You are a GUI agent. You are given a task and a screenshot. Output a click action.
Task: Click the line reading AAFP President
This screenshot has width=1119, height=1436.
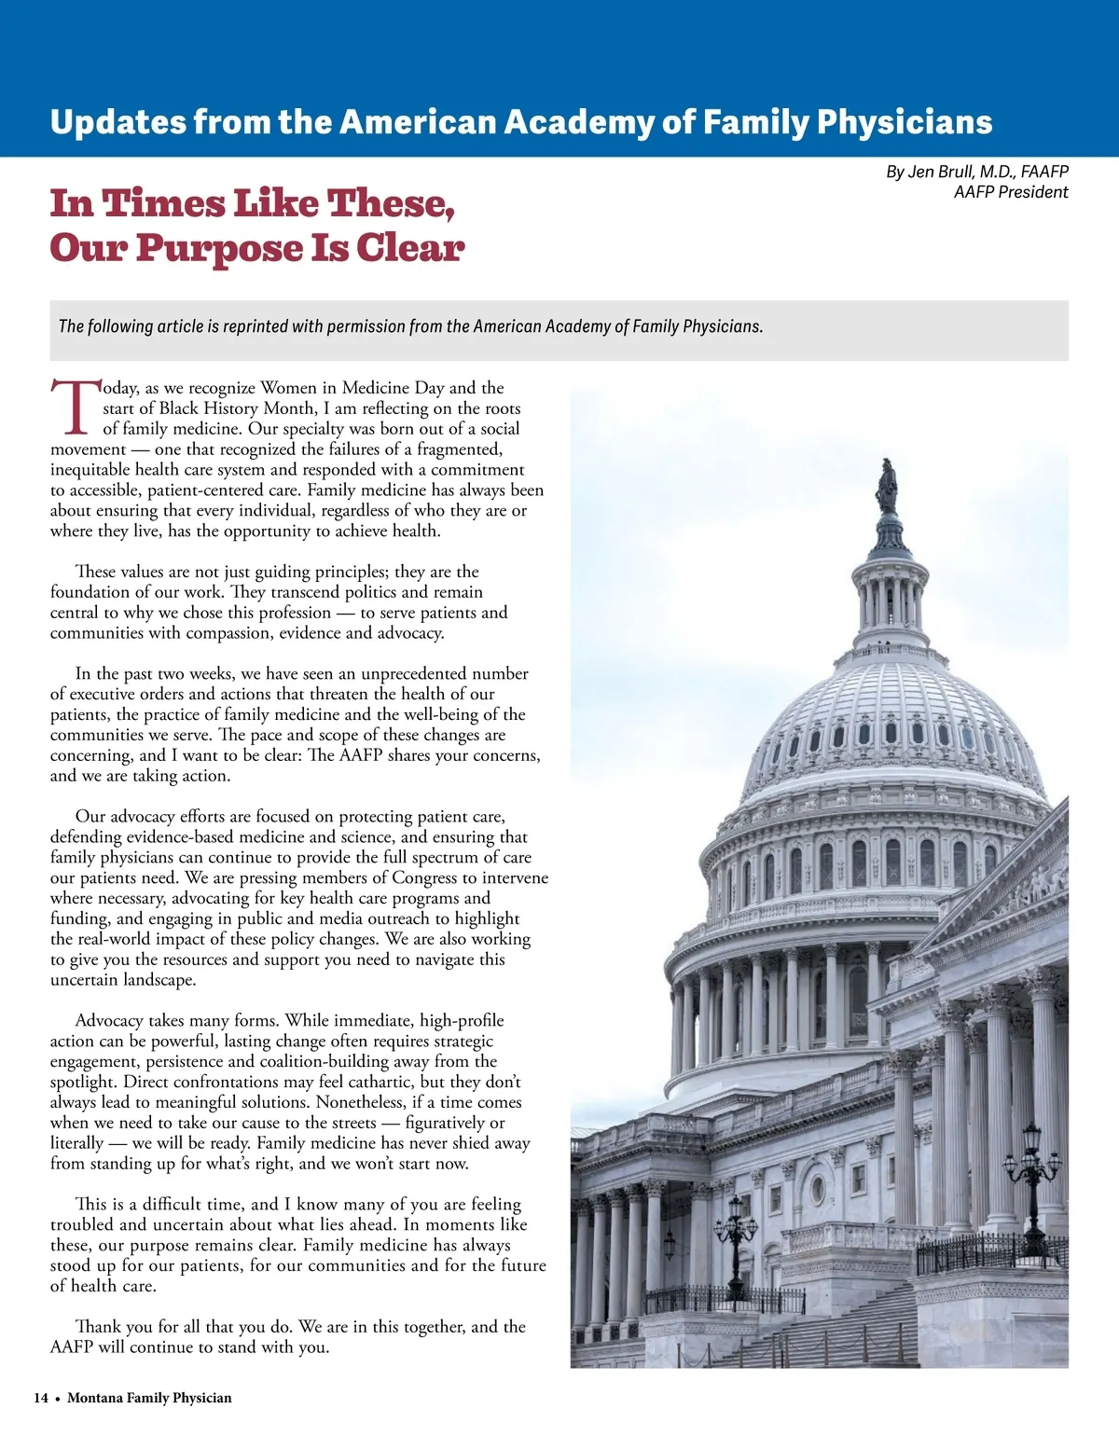1010,192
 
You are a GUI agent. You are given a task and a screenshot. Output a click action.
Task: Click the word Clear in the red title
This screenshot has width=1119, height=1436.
409,248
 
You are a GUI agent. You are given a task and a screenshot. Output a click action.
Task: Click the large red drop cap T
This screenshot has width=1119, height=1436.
74,407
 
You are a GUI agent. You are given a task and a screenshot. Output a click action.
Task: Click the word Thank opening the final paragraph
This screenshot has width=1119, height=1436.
99,1326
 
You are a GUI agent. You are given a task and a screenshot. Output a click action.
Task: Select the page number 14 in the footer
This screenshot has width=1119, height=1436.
41,1398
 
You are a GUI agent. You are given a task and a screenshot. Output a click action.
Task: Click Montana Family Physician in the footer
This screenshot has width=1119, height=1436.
149,1398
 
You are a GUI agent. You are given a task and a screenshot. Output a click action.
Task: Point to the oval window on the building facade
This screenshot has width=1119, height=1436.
818,1189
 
